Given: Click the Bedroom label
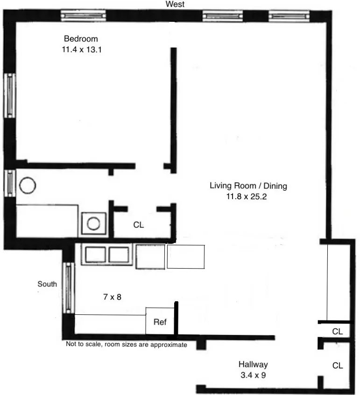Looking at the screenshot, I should (x=81, y=39).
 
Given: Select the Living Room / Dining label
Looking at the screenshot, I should (x=248, y=186).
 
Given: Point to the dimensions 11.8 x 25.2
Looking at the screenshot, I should (x=248, y=197).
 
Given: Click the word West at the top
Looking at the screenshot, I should (x=175, y=4).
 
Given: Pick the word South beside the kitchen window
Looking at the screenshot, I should (x=48, y=284).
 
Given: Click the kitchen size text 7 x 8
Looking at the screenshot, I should (x=112, y=296).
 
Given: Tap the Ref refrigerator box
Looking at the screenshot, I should (x=160, y=321).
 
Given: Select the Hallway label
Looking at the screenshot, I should (x=253, y=364).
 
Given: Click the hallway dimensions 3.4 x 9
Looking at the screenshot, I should (x=253, y=374).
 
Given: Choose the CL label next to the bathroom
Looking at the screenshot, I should (x=139, y=225).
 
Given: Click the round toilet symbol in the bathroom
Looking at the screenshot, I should (x=28, y=186).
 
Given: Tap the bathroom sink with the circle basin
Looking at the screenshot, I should (x=94, y=224).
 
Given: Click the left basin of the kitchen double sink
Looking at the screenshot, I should (x=95, y=255).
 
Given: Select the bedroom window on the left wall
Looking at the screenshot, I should (x=10, y=95).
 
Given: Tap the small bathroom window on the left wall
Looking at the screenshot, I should (x=10, y=183).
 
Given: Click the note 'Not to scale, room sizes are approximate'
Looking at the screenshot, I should (x=126, y=345).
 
